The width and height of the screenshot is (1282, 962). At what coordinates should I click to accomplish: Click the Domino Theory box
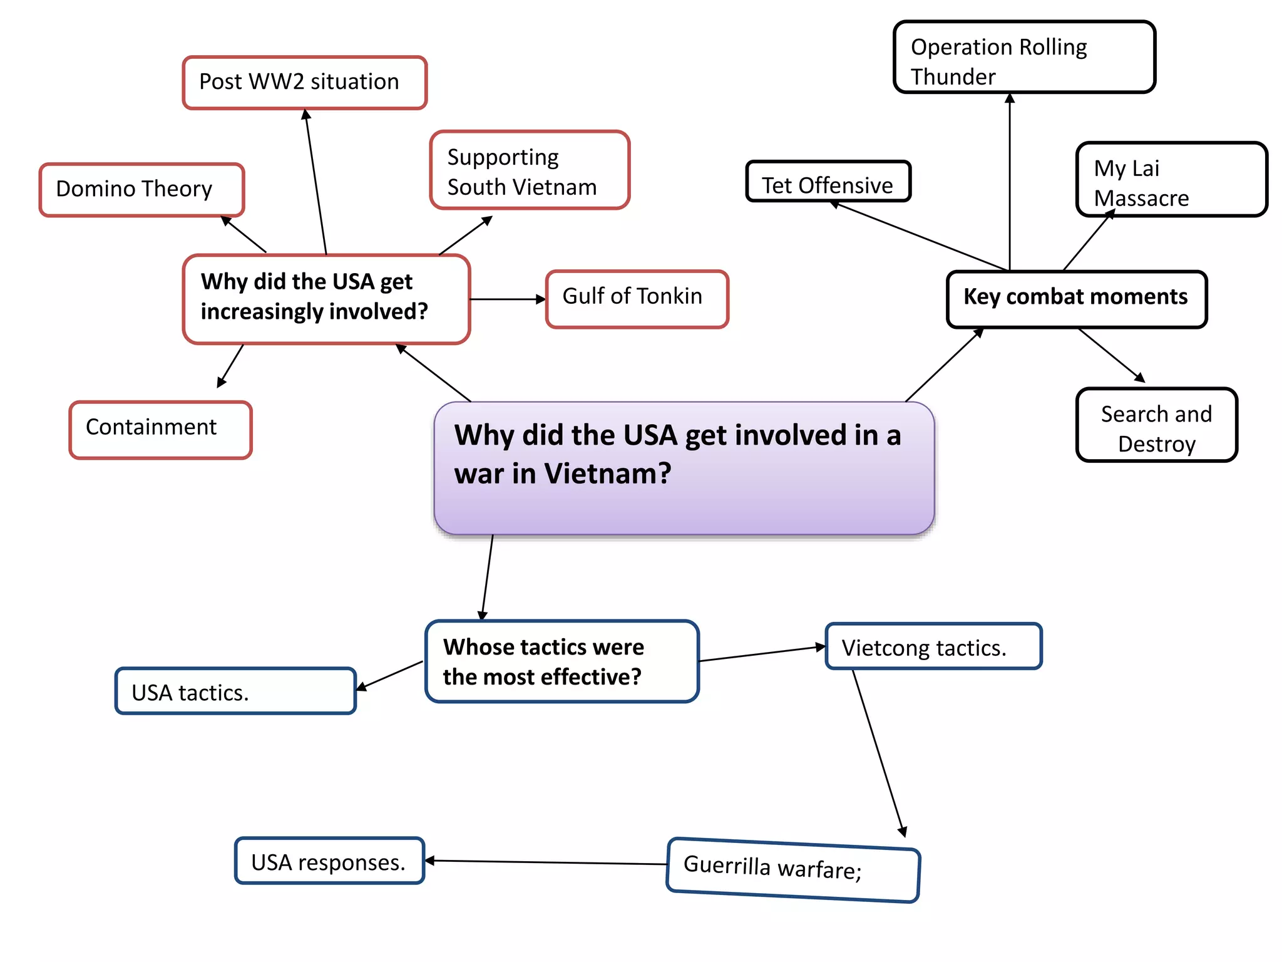coord(141,190)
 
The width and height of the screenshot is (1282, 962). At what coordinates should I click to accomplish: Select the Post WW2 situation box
coord(304,83)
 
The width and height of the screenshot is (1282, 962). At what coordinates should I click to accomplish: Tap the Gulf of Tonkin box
coord(637,299)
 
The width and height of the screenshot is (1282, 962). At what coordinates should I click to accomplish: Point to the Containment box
coord(160,430)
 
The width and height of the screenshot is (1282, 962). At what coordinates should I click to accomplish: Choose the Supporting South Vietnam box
coord(530,170)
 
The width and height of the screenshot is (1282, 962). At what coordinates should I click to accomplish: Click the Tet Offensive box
coord(828,182)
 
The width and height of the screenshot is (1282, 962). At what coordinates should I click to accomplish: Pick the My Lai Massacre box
coord(1171,180)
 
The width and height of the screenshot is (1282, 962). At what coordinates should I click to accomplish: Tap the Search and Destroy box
coord(1156,425)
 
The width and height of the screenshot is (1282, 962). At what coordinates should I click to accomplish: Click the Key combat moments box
coord(1076,299)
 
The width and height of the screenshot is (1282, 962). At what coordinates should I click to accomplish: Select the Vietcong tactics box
coord(933,646)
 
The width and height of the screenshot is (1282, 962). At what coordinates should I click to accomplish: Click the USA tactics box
coord(235,691)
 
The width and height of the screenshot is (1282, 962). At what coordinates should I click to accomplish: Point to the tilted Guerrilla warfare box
coord(792,869)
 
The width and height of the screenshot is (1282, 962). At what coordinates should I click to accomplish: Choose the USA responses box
coord(329,861)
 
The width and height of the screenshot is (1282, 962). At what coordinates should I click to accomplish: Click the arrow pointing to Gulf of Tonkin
coord(507,299)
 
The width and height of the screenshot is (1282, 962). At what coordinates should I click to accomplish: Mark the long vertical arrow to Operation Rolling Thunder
coord(1010,182)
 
